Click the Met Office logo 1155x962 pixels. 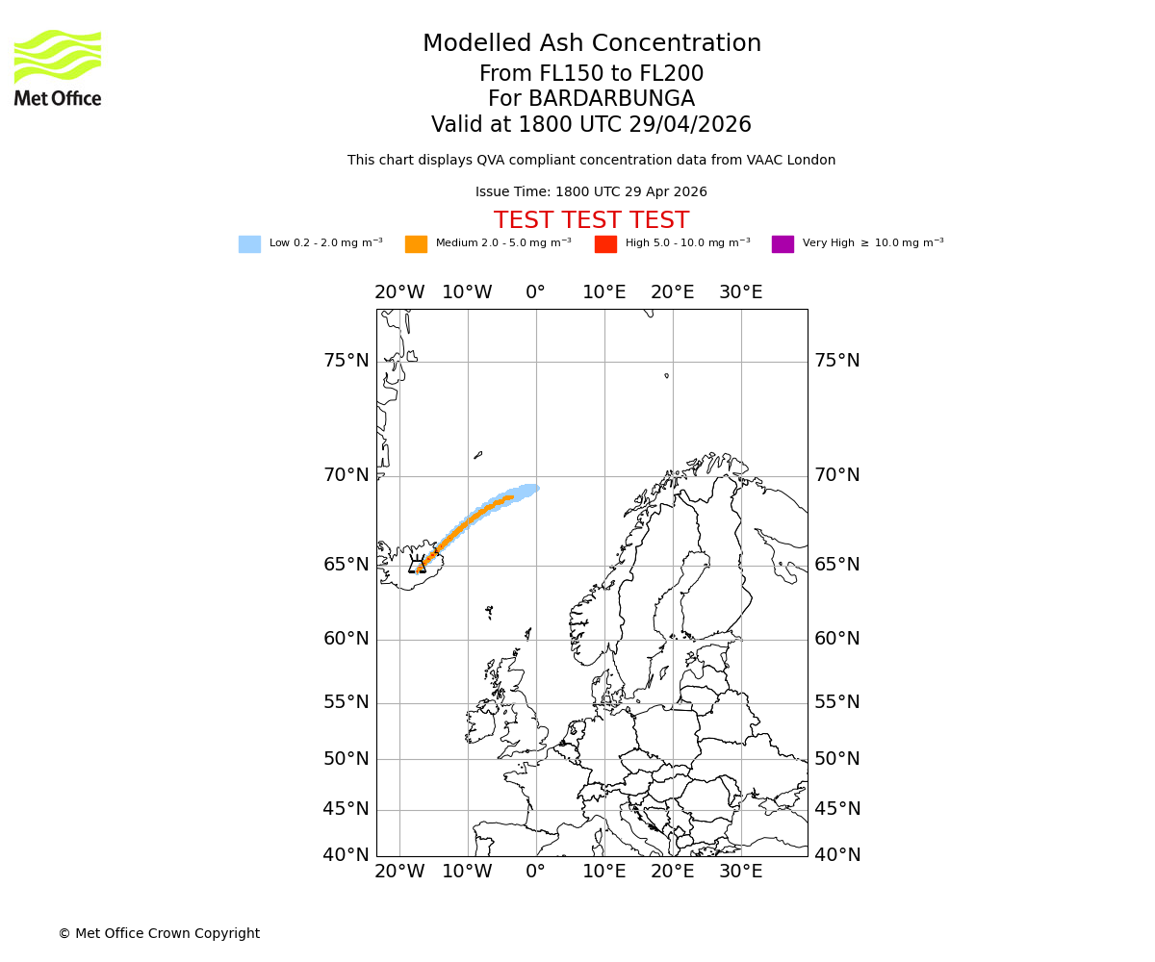[58, 67]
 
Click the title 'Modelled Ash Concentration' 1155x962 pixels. [591, 44]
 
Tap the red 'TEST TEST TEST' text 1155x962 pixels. [591, 220]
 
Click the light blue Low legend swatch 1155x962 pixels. [249, 244]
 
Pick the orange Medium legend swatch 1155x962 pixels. [416, 244]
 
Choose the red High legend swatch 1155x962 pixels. [605, 244]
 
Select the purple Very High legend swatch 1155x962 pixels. [783, 244]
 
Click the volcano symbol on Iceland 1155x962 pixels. [418, 566]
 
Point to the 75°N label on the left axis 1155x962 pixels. [346, 361]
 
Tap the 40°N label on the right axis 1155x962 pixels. [837, 854]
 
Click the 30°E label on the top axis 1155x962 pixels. [740, 292]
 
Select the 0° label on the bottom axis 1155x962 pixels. [535, 872]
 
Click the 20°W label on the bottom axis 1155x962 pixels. [398, 872]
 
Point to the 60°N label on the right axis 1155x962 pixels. [837, 639]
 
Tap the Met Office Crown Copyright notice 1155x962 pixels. [159, 933]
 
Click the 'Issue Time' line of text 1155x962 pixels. [591, 192]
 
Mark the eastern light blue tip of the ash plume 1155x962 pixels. [531, 489]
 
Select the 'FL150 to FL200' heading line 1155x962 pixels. [591, 74]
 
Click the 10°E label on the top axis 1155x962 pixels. [603, 292]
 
